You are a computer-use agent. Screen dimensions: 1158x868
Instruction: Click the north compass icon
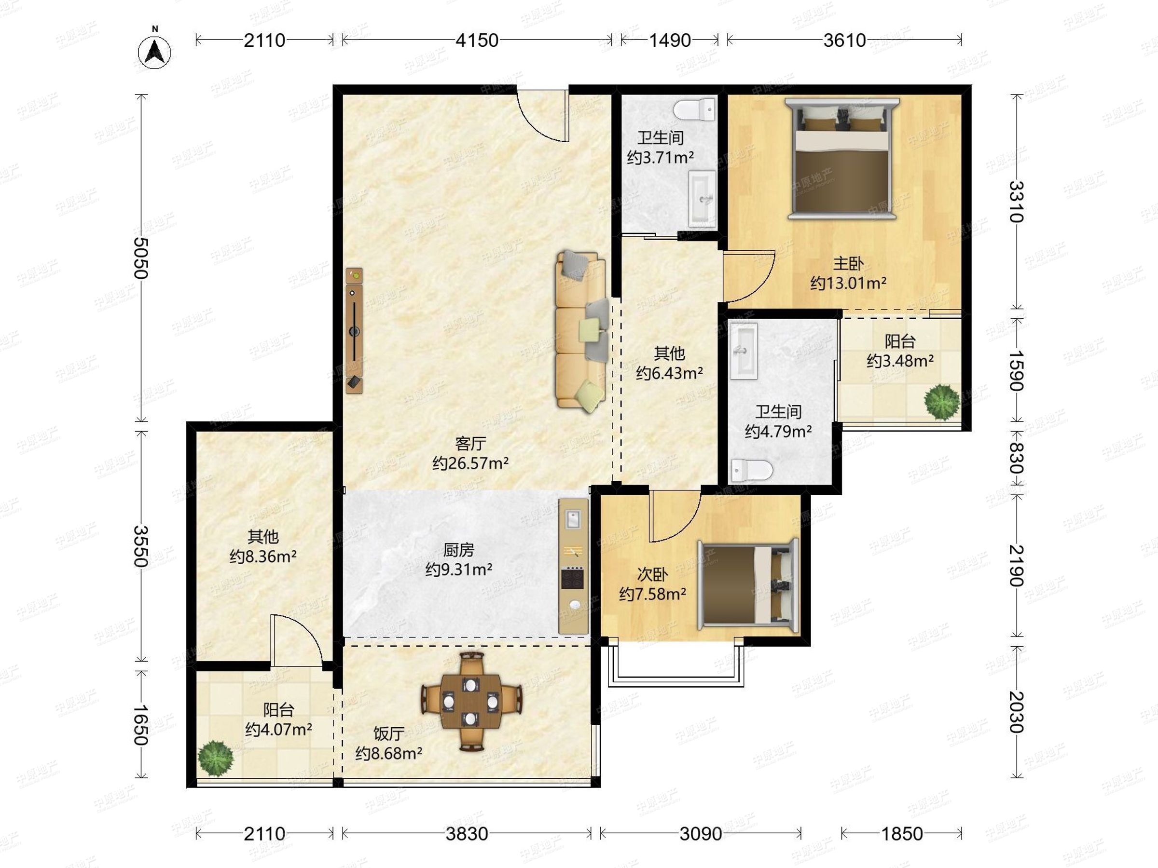tap(154, 50)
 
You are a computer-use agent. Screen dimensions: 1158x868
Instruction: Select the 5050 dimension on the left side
tap(140, 258)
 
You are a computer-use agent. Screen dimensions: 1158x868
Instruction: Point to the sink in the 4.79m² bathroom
tap(744, 351)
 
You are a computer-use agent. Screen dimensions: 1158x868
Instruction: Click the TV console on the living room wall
tap(355, 331)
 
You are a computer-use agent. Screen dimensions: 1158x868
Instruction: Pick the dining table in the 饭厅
tap(470, 701)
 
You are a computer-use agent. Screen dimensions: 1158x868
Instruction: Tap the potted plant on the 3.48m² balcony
tap(942, 402)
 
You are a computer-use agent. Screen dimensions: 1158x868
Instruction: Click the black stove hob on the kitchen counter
tap(573, 578)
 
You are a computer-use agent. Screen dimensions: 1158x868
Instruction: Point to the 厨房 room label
tap(458, 550)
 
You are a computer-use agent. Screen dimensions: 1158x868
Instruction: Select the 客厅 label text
tap(470, 444)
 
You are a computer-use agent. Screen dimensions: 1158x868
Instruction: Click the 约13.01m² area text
tap(849, 283)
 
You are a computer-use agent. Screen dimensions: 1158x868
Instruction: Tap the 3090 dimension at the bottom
tap(701, 833)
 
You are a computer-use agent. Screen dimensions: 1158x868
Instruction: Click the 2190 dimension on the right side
tap(1016, 566)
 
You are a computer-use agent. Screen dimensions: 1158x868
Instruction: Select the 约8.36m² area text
tap(263, 556)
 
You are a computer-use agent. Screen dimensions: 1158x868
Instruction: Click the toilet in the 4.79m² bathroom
tap(752, 470)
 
